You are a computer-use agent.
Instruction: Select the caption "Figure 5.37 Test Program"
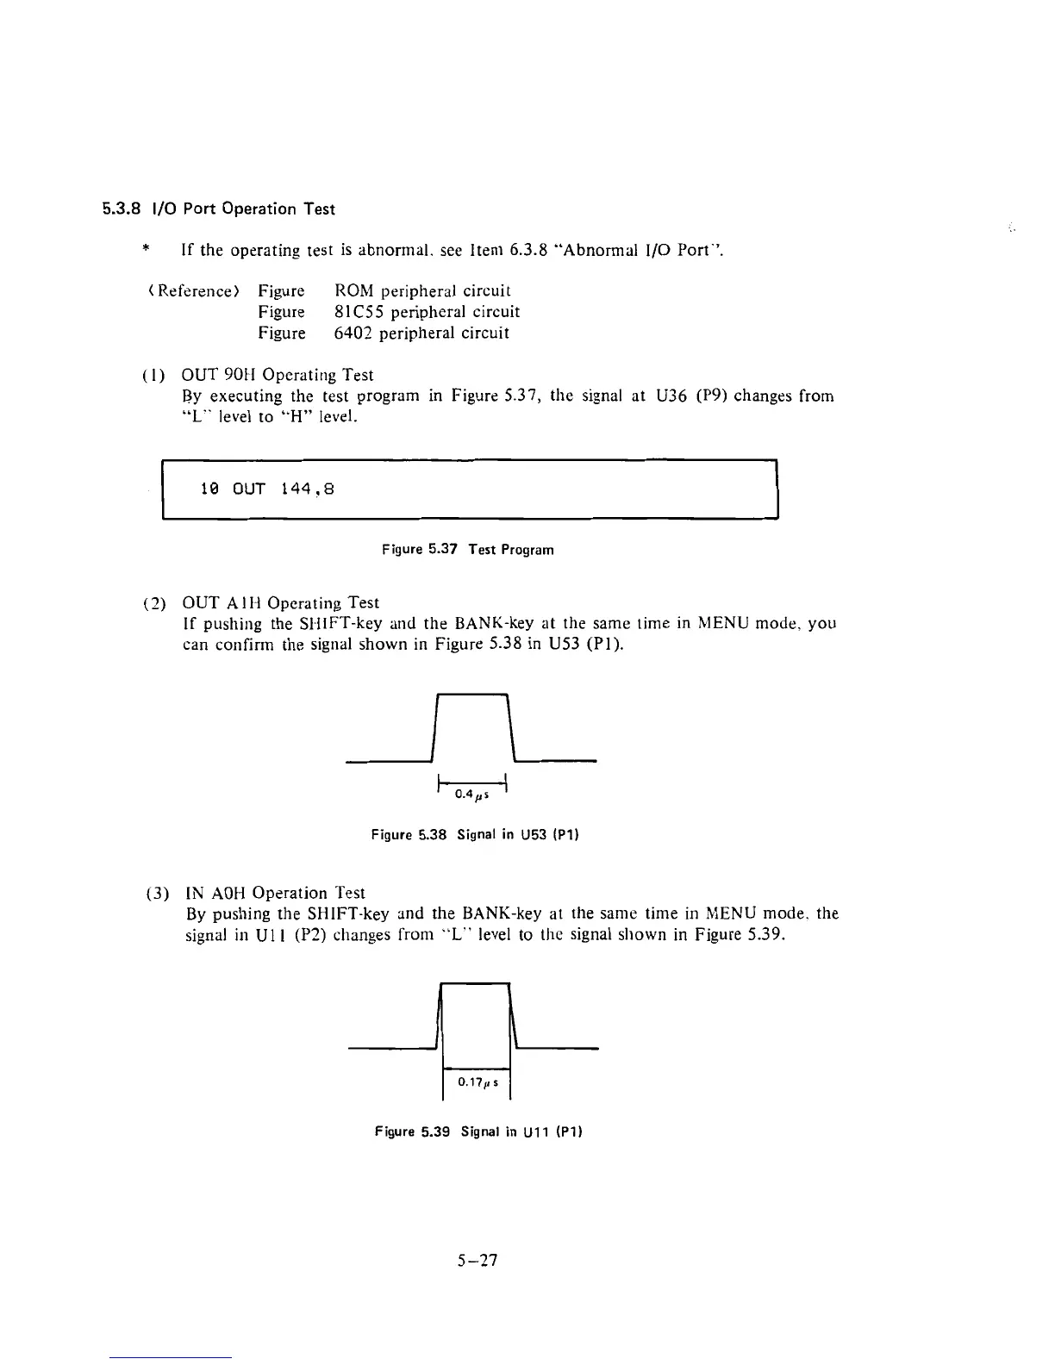click(467, 550)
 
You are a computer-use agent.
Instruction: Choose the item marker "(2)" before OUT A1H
click(153, 603)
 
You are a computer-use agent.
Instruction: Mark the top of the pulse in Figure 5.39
click(475, 982)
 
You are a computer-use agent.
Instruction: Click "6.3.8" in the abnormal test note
click(527, 251)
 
